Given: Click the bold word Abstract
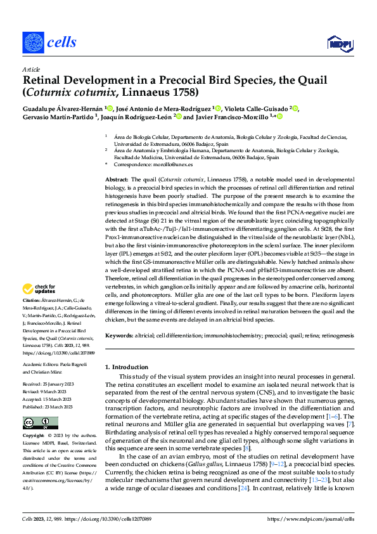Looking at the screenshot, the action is tap(116, 181).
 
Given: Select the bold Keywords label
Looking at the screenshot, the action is tap(120, 334).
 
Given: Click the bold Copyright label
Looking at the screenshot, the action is tap(35, 436).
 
